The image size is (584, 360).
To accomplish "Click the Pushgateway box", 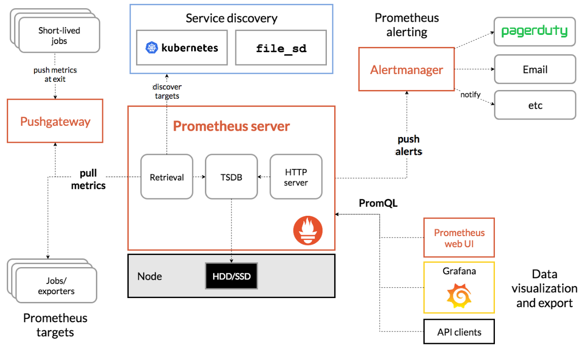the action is click(x=55, y=121).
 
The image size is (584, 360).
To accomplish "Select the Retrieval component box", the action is click(x=167, y=177).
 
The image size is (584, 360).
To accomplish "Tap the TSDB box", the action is click(x=231, y=177).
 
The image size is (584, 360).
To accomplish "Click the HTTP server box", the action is click(x=296, y=177).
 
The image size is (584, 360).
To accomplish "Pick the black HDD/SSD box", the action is click(x=231, y=276).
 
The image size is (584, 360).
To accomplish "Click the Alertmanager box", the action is click(x=406, y=69).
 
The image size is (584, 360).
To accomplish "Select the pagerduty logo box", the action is click(x=535, y=32).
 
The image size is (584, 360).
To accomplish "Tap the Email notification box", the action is click(x=535, y=69).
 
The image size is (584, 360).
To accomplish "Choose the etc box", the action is click(x=535, y=105).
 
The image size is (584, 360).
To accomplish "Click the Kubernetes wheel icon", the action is click(x=152, y=48).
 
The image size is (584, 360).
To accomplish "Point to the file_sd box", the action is click(x=281, y=48).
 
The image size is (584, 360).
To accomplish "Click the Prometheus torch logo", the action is click(x=307, y=230).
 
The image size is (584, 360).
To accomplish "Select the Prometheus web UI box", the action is click(x=459, y=238).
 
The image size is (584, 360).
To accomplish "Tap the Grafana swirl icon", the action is click(x=459, y=296).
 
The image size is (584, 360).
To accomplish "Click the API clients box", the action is click(x=459, y=331).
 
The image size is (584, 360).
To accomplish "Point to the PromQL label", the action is click(x=378, y=203).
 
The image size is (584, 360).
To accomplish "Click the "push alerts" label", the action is click(x=409, y=145).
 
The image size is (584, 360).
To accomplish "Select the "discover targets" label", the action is click(x=167, y=91).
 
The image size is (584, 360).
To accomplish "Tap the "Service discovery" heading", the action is click(x=231, y=18).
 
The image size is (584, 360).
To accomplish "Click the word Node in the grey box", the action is click(x=150, y=276).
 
